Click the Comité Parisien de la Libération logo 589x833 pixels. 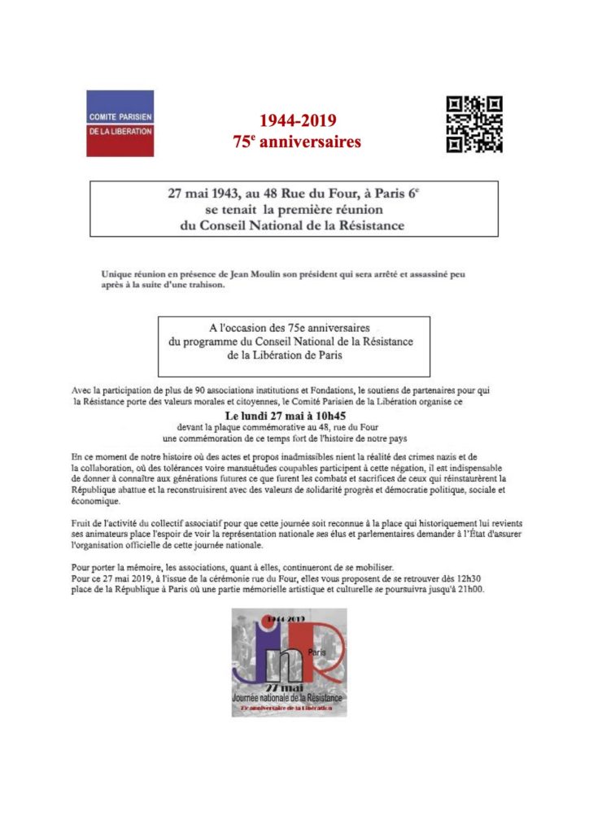(120, 123)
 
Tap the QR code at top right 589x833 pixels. (474, 124)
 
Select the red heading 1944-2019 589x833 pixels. (294, 121)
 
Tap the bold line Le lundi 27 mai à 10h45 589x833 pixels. (294, 416)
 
